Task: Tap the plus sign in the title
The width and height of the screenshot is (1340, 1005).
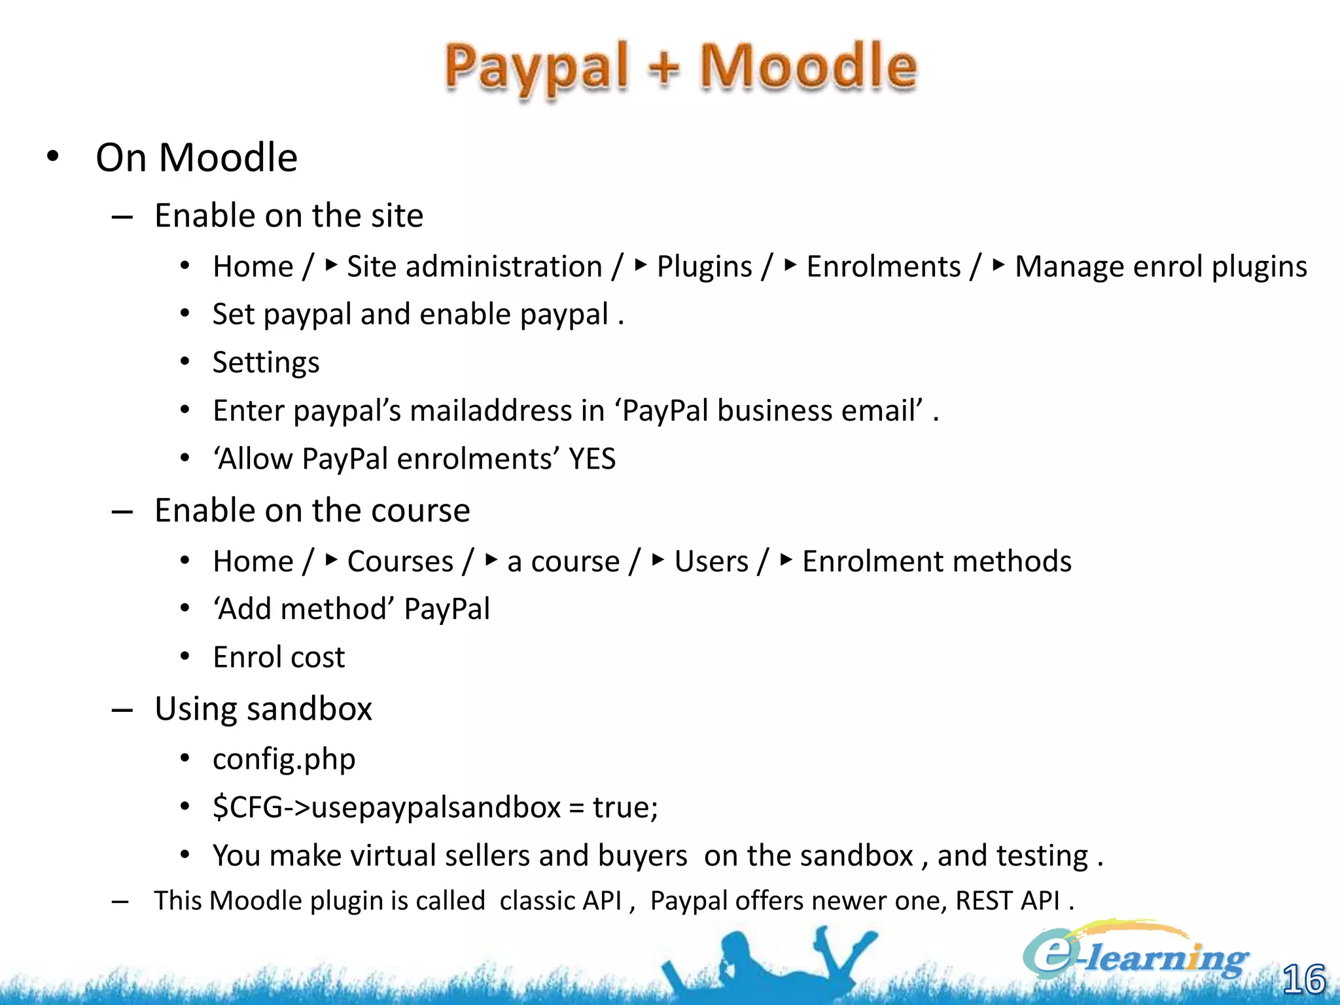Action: [x=664, y=68]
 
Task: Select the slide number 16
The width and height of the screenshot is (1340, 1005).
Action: [x=1303, y=979]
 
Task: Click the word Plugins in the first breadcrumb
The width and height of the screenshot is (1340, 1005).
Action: [x=704, y=267]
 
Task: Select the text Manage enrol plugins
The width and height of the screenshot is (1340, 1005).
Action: [x=1160, y=267]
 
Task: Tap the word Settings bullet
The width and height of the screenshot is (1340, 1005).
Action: [x=266, y=362]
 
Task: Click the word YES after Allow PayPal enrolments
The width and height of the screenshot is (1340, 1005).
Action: [x=591, y=459]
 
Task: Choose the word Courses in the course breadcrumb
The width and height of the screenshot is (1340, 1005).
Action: [x=400, y=561]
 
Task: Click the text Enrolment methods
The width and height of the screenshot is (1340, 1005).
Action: [x=936, y=561]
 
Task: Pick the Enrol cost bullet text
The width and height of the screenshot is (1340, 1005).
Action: [x=279, y=657]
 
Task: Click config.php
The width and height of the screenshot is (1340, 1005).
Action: [x=284, y=759]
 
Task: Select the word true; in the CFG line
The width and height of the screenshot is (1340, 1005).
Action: [x=625, y=807]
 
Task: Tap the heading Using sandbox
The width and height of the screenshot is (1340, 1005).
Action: [x=263, y=709]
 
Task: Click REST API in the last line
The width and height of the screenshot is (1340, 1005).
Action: [x=1007, y=901]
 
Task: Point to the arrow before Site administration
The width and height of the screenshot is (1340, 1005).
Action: [x=331, y=265]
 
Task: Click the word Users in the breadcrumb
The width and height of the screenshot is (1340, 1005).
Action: [x=711, y=561]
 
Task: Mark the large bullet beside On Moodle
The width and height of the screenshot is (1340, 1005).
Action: [x=53, y=157]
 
